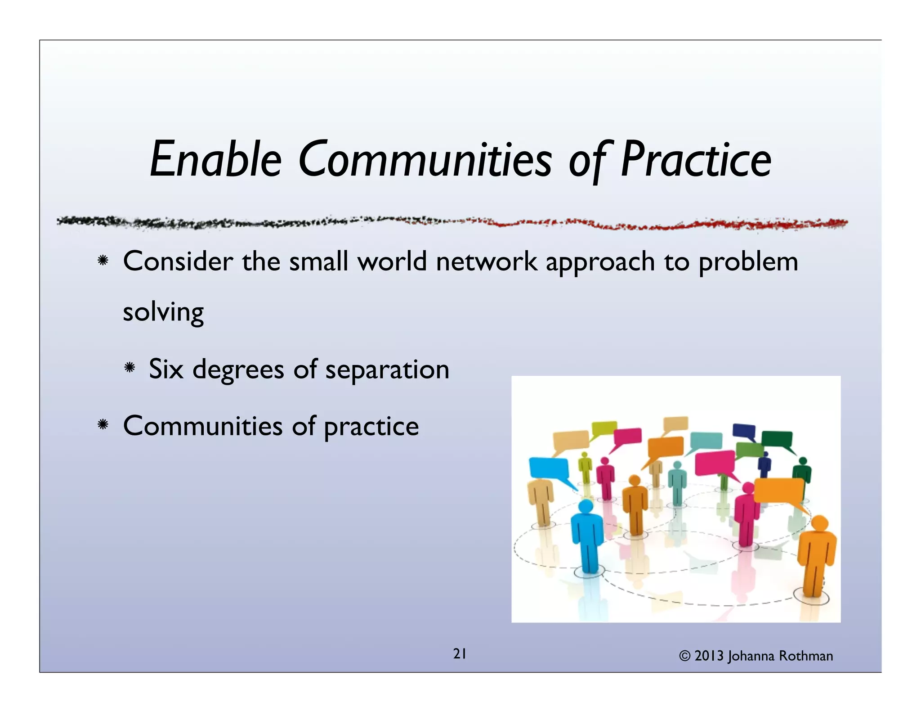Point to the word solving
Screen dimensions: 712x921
pyautogui.click(x=163, y=312)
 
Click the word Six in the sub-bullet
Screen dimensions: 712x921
pyautogui.click(x=166, y=369)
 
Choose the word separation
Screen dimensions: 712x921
pyautogui.click(x=387, y=370)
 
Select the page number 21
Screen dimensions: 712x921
pyautogui.click(x=460, y=654)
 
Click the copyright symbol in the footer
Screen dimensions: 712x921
pyautogui.click(x=684, y=656)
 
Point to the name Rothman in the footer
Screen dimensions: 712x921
pyautogui.click(x=806, y=656)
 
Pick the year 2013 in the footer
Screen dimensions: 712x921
pyautogui.click(x=709, y=656)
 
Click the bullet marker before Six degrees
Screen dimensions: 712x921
pyautogui.click(x=130, y=368)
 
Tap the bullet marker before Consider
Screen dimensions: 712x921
pyautogui.click(x=103, y=261)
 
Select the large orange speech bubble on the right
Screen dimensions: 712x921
pyautogui.click(x=779, y=491)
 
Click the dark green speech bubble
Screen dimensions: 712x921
pyautogui.click(x=777, y=438)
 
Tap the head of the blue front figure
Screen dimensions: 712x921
pyautogui.click(x=586, y=507)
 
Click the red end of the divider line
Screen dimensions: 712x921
pyautogui.click(x=832, y=223)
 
